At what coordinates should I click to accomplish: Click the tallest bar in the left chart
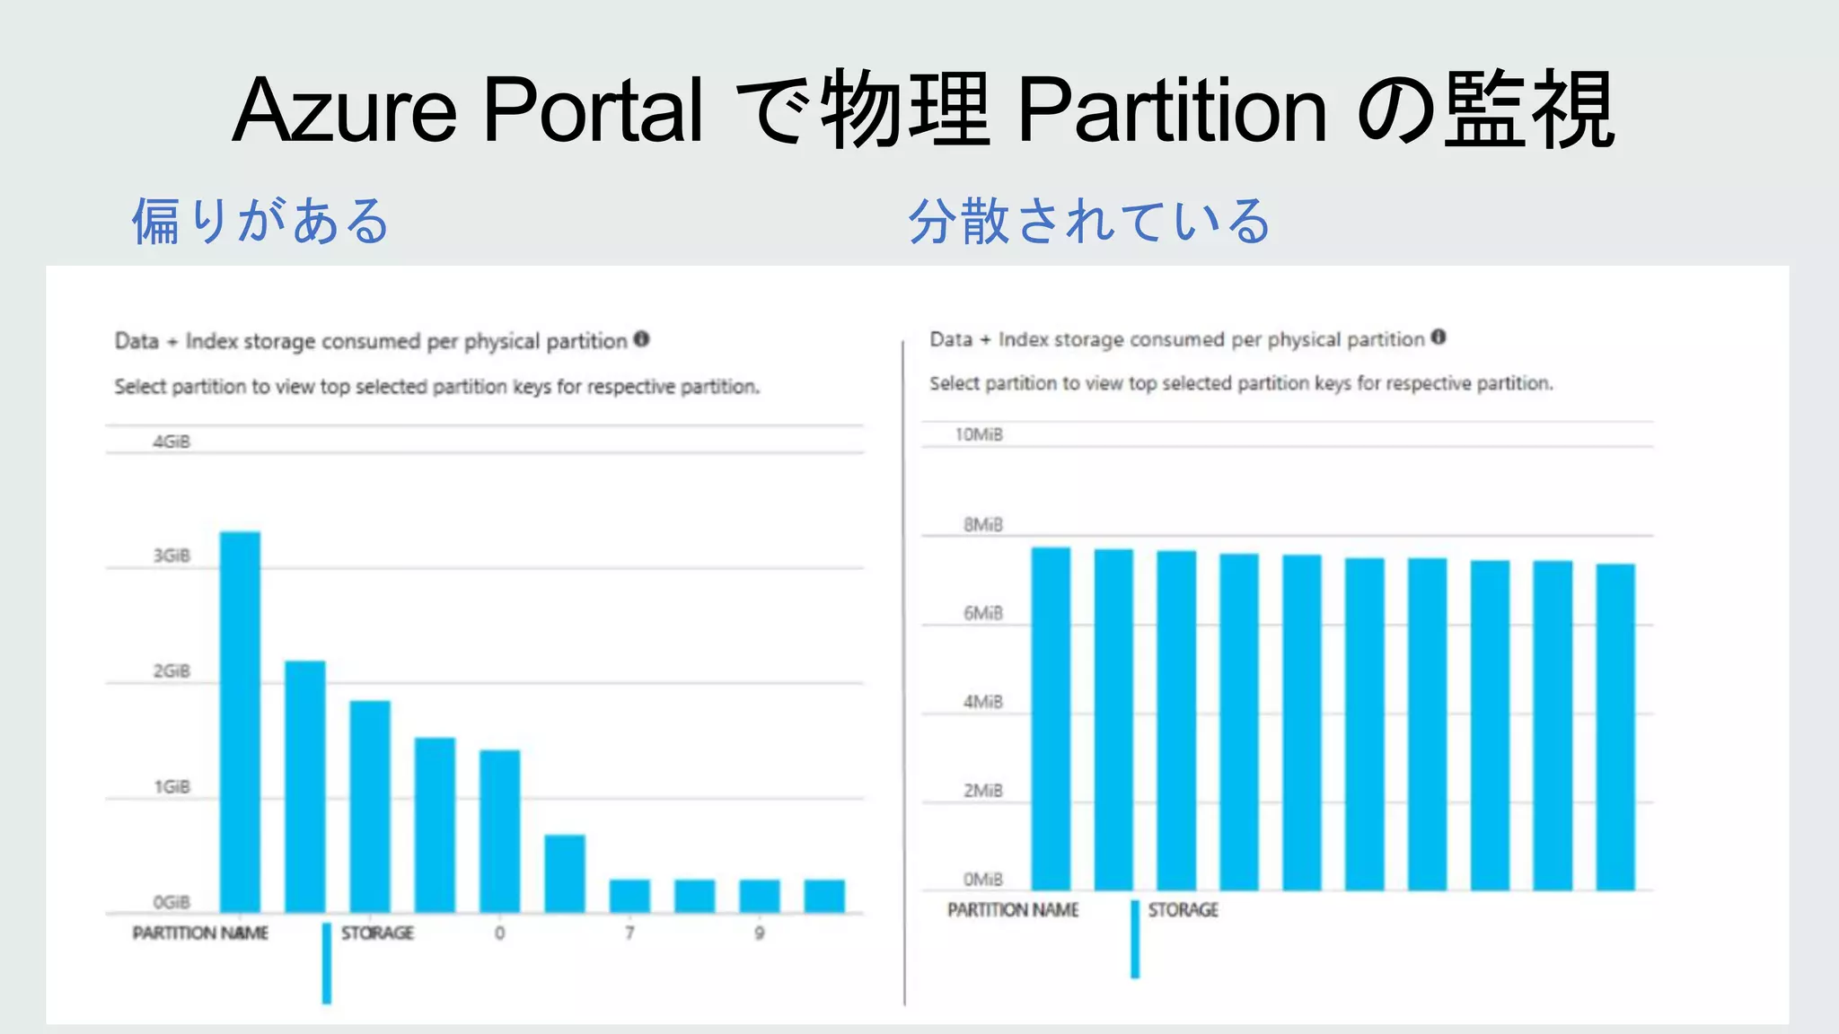click(240, 723)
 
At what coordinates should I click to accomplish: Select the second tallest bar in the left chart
click(305, 786)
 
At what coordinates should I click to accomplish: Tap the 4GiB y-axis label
click(172, 442)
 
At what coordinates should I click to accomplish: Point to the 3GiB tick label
click(172, 556)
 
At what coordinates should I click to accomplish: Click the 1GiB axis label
click(172, 787)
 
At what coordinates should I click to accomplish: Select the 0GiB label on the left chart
click(172, 902)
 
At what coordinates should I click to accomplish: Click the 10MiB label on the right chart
click(979, 434)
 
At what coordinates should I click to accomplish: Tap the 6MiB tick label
click(983, 613)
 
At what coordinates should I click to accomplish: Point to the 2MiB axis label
click(983, 791)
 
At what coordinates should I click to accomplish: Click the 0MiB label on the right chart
click(983, 879)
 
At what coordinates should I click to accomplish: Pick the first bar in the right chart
click(1051, 718)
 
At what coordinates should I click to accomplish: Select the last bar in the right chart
click(1615, 727)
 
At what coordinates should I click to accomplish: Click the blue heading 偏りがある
click(260, 221)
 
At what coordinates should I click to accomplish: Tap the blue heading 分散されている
click(1089, 221)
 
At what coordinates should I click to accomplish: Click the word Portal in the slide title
click(594, 110)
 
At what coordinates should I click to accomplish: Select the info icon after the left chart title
click(641, 339)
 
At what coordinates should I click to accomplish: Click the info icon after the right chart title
click(1439, 337)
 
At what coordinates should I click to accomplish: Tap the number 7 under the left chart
click(629, 933)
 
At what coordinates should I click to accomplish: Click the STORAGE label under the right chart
click(1183, 910)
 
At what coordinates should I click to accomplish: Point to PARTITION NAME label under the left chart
click(200, 933)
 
